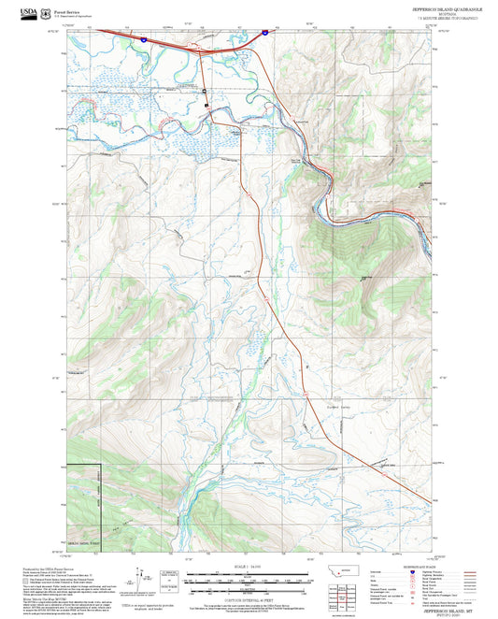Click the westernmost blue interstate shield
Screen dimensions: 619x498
tap(143, 40)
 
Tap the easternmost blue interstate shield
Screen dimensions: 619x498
tap(264, 33)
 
